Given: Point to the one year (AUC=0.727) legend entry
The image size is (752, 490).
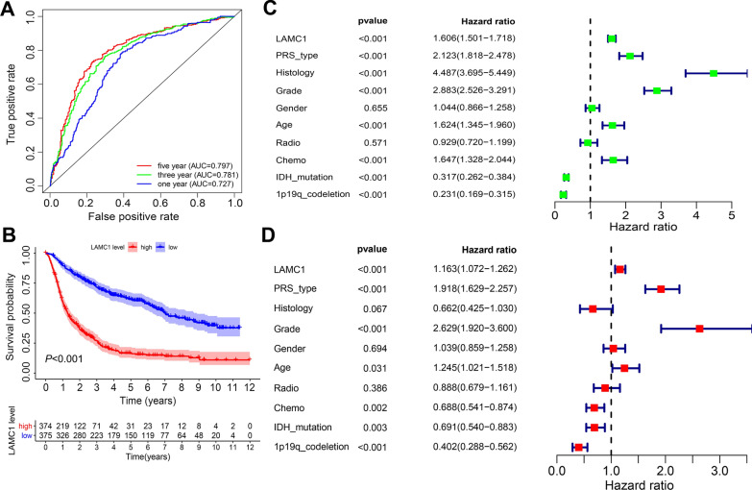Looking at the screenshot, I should click(x=191, y=176).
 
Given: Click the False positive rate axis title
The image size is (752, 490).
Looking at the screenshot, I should click(x=141, y=223).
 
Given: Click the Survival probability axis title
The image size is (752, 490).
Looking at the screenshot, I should click(x=11, y=331).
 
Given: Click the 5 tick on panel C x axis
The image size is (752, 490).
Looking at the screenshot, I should click(x=731, y=219).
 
